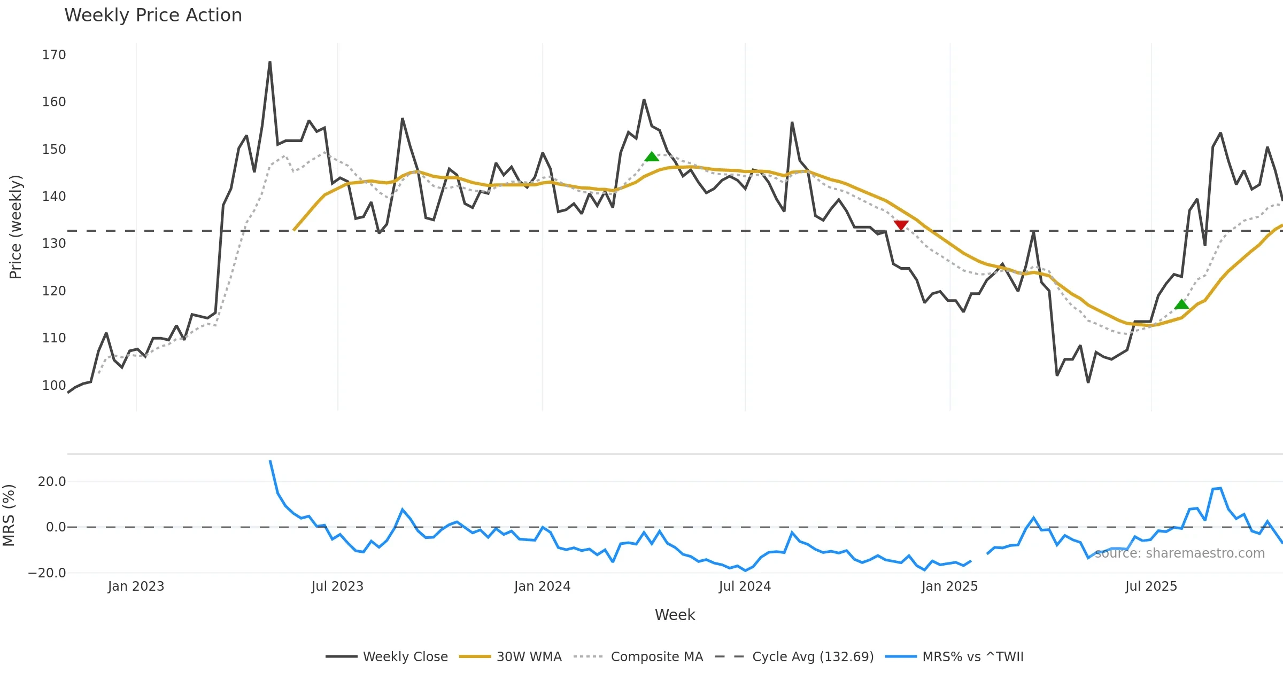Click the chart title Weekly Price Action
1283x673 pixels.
tap(153, 15)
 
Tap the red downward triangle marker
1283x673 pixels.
tap(901, 225)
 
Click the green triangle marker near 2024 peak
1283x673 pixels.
tap(652, 156)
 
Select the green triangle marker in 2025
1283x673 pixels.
tap(1181, 304)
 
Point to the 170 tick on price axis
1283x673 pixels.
tap(54, 55)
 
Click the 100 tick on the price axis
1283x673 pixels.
tap(54, 385)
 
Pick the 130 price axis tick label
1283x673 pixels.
tap(54, 244)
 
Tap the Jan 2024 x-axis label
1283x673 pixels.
tap(542, 586)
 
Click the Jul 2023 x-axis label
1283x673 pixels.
tap(337, 586)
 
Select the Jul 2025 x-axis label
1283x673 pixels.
tap(1151, 586)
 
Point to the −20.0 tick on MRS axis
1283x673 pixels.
tap(47, 573)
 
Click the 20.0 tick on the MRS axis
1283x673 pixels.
tap(52, 482)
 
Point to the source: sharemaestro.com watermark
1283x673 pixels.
tap(1180, 553)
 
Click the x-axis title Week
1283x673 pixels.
tap(675, 615)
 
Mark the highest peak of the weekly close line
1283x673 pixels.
tap(270, 62)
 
